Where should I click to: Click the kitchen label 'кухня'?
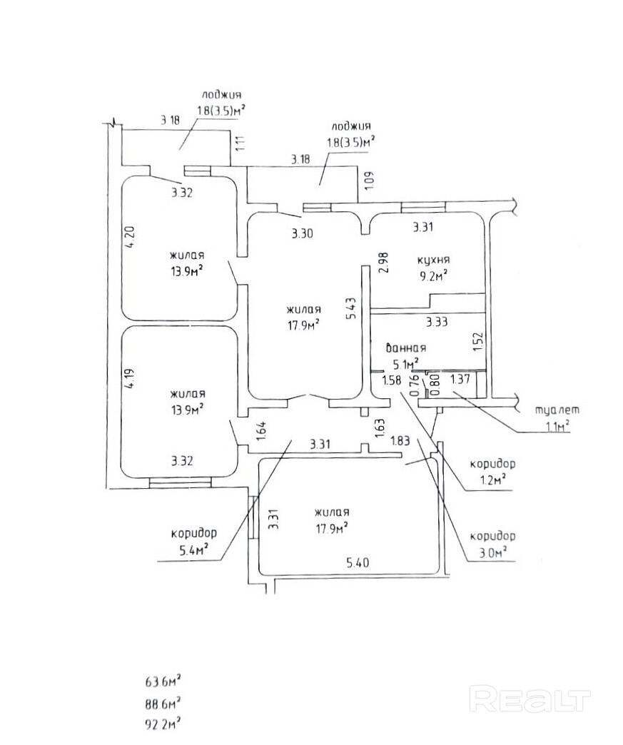(432, 260)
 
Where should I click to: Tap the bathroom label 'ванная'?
(406, 348)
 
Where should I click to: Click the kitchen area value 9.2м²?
(432, 275)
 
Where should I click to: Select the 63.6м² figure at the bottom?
(162, 681)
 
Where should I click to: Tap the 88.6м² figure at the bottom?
(162, 703)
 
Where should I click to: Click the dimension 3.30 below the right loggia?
(302, 232)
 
